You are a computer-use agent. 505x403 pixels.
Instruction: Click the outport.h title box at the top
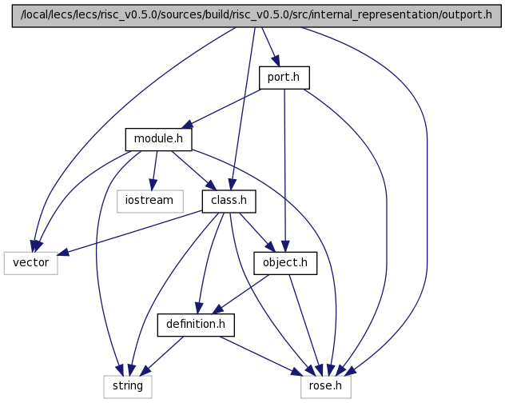[256, 16]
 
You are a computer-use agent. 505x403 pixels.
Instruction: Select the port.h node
[284, 78]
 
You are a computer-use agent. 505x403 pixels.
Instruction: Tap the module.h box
[158, 139]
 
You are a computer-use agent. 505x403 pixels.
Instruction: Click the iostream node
[150, 201]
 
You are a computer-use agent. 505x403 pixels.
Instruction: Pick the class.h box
[229, 201]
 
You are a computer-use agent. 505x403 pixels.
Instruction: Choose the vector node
[31, 263]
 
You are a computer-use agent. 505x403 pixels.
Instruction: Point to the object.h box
[285, 263]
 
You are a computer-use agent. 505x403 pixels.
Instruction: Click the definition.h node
[196, 325]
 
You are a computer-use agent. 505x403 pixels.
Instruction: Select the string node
[128, 387]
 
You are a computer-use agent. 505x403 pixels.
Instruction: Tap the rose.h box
[326, 387]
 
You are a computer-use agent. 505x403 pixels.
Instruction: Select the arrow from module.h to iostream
[154, 170]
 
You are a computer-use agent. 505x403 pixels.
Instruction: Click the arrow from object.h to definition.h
[241, 294]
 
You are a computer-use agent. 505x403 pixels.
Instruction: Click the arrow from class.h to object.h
[257, 233]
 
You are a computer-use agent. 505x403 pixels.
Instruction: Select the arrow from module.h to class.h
[194, 170]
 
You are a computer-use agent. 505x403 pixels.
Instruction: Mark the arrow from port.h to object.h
[284, 170]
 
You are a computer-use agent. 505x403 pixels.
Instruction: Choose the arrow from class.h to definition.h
[209, 263]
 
